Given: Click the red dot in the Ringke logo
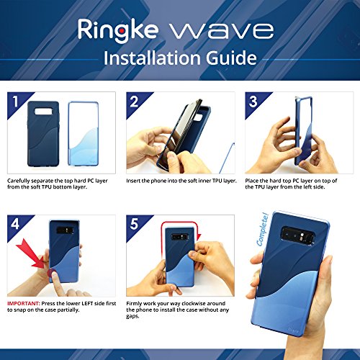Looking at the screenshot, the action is click(122, 31).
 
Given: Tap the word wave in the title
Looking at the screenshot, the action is click(222, 30).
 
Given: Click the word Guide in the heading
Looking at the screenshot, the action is click(231, 58).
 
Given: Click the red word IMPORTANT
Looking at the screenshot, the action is click(24, 303).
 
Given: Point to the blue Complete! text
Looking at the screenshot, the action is click(262, 230).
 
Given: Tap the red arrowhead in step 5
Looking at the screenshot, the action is click(199, 237).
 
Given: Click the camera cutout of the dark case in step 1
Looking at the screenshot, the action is click(43, 111).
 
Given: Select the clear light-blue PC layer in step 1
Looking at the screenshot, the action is click(84, 133).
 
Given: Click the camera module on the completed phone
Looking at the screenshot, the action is click(298, 234).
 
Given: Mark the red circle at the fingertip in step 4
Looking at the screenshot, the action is click(52, 273).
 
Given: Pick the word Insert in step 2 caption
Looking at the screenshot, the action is click(133, 181).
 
